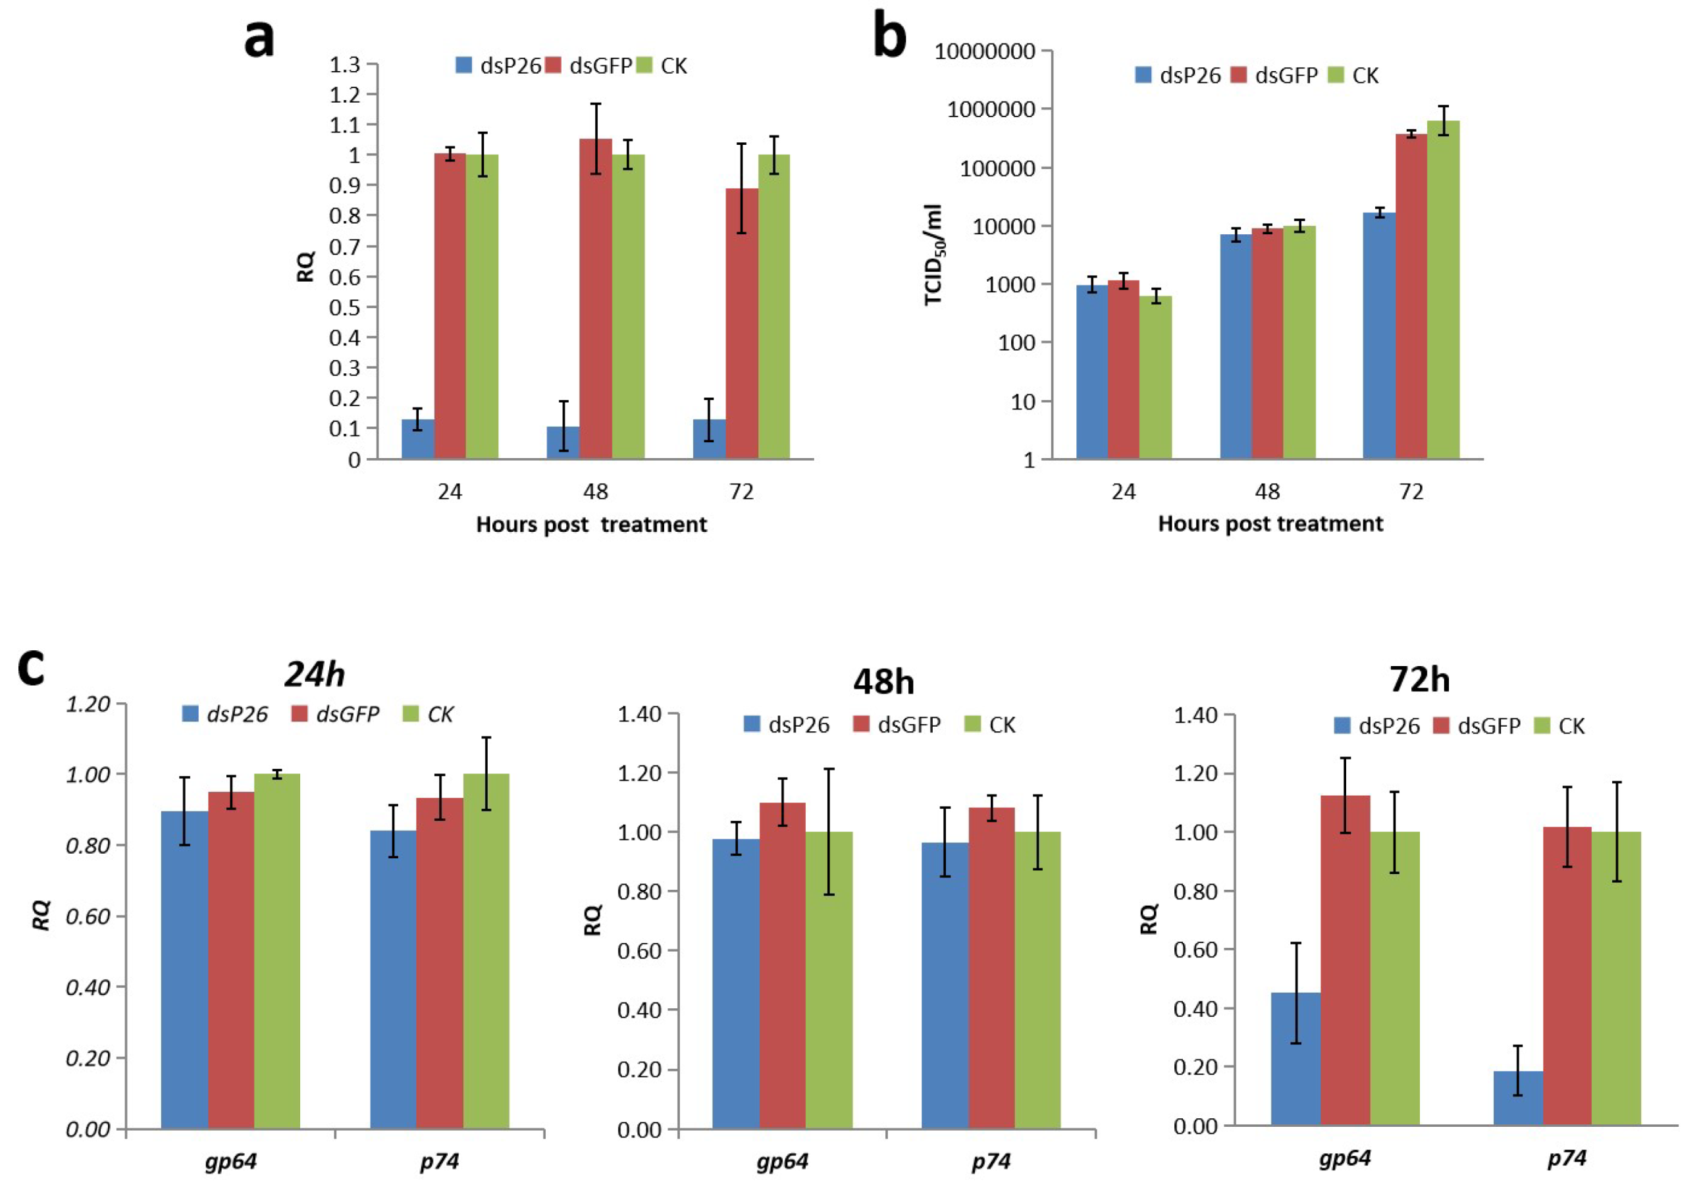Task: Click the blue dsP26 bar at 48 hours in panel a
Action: click(x=563, y=442)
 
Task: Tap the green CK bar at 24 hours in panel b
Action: click(x=1155, y=377)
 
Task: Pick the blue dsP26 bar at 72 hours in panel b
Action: click(x=1379, y=336)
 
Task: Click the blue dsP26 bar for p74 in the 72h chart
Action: click(x=1518, y=1099)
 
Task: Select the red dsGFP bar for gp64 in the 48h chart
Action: click(x=782, y=966)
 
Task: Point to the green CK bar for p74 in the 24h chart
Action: click(x=486, y=951)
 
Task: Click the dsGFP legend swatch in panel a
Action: click(x=554, y=65)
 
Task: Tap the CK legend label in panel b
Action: click(x=1365, y=76)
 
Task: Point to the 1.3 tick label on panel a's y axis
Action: click(x=345, y=65)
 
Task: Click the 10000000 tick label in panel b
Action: click(x=985, y=51)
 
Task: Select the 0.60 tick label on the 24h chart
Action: click(x=88, y=916)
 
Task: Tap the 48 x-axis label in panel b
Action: click(x=1268, y=492)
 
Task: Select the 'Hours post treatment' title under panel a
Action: click(x=591, y=525)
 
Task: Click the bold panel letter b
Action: click(x=889, y=35)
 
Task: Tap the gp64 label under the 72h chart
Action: click(x=1345, y=1158)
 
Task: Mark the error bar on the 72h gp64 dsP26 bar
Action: click(x=1296, y=993)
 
